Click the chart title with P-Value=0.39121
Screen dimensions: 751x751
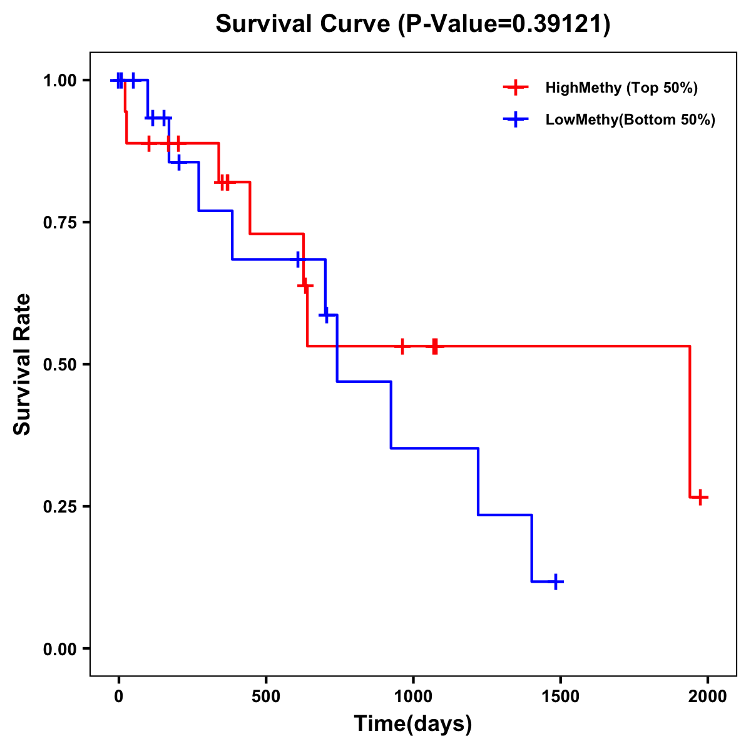coord(412,24)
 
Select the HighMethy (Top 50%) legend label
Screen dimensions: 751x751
coord(621,88)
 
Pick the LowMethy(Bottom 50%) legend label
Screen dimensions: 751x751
coord(630,120)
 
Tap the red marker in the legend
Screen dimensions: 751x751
coord(516,88)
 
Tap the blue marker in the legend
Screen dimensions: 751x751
coord(516,120)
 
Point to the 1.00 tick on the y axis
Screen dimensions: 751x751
coord(59,80)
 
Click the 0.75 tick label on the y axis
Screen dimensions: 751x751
coord(59,222)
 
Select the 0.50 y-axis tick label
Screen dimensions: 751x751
coord(59,364)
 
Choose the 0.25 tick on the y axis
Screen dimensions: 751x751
coord(59,506)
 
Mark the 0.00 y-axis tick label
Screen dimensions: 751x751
coord(59,648)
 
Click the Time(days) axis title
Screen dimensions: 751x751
coord(413,724)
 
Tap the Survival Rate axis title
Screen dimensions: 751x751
coord(23,364)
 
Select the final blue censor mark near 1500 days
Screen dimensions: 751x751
coord(554,582)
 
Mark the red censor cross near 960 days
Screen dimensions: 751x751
coord(402,346)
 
